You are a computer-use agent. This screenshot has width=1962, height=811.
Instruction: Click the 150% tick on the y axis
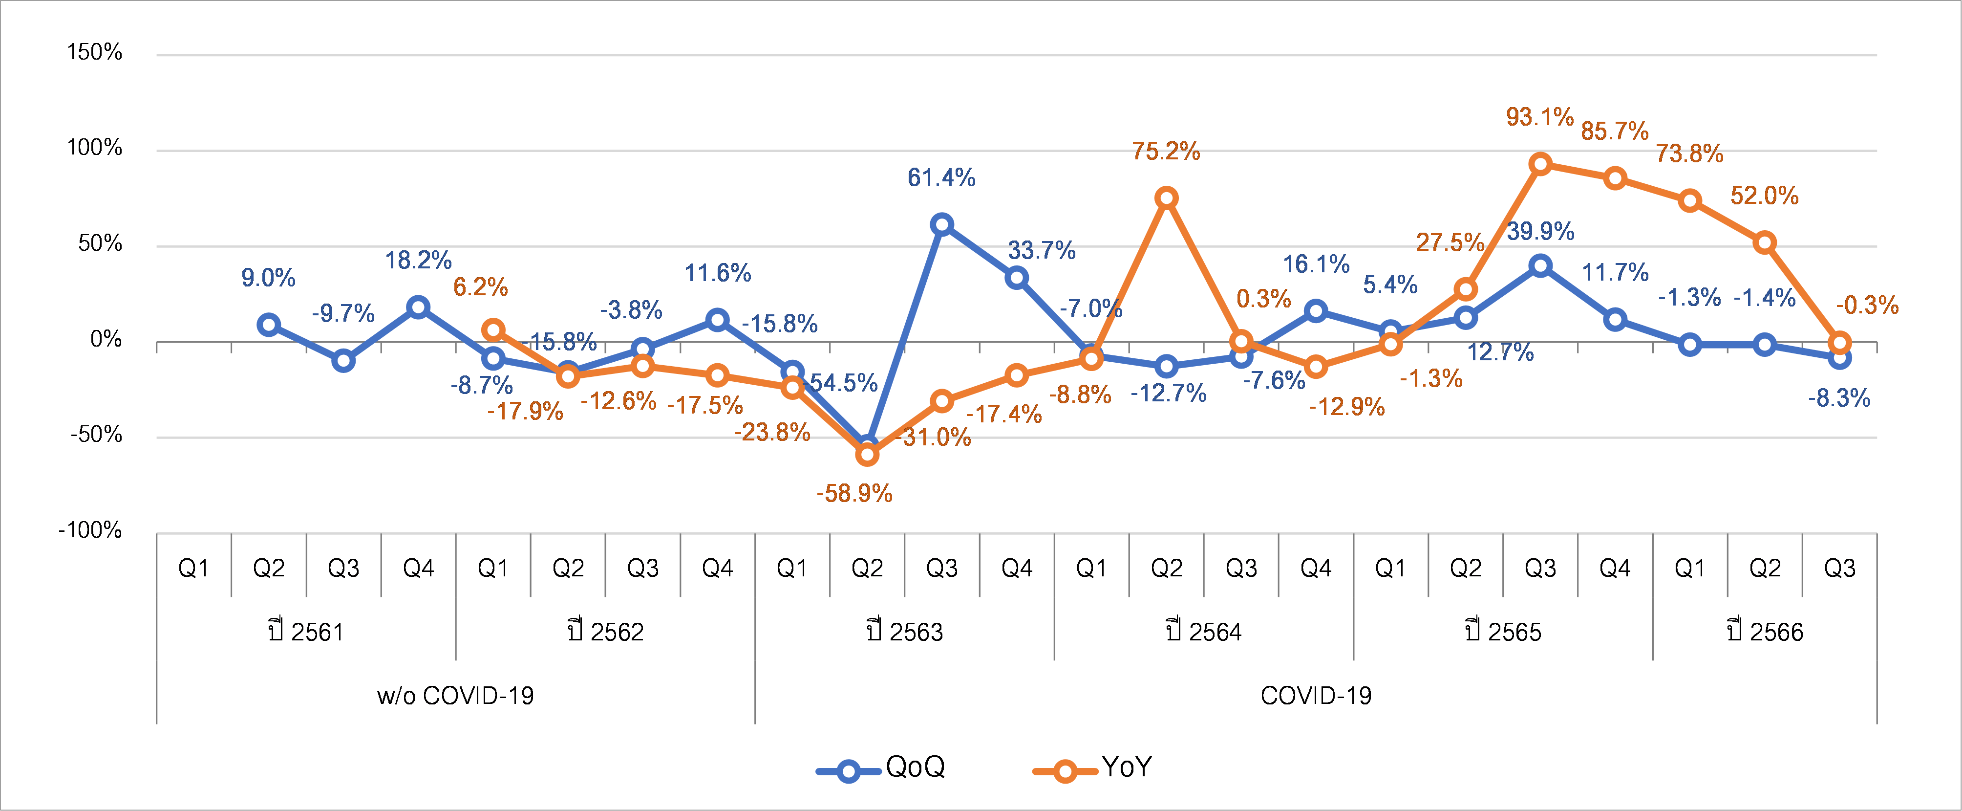tap(94, 52)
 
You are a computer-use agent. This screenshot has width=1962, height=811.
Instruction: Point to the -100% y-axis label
tap(90, 530)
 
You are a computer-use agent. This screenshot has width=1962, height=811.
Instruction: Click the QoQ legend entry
tap(881, 767)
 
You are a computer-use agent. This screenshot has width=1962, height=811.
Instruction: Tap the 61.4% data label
tap(941, 177)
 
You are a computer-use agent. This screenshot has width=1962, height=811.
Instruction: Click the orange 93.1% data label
tap(1539, 117)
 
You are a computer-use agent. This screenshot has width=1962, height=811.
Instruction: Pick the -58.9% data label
tap(854, 493)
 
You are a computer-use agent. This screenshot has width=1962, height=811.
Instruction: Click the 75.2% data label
tap(1165, 151)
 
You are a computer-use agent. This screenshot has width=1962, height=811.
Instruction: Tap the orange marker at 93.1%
tap(1540, 164)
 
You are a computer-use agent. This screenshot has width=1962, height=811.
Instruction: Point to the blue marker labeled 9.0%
tap(268, 325)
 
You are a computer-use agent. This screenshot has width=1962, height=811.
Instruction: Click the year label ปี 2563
tap(904, 632)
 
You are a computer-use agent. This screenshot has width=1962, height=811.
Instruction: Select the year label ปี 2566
tap(1765, 632)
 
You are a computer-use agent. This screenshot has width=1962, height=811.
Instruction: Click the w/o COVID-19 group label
tap(455, 695)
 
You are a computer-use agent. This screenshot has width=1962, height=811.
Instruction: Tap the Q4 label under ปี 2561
tap(418, 568)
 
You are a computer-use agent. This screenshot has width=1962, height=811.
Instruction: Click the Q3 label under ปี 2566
tap(1839, 568)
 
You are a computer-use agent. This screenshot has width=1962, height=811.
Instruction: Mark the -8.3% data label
tap(1838, 398)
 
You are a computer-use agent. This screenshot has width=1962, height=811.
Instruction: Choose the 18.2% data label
tap(418, 261)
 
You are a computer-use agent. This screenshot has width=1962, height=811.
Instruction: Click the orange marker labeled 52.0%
tap(1765, 243)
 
